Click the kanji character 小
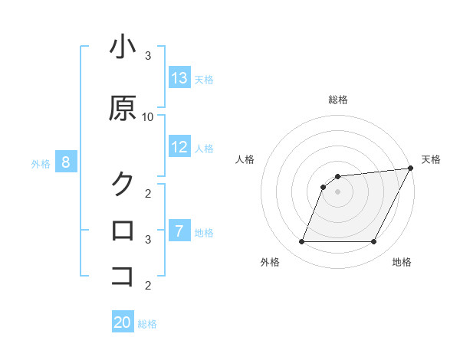coord(123,47)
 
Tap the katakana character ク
coord(123,183)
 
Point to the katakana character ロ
coord(123,230)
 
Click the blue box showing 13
coord(179,78)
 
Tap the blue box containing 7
coord(179,231)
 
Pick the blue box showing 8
coord(66,162)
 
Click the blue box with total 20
coord(123,322)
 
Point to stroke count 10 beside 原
coord(148,116)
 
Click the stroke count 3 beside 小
coord(148,56)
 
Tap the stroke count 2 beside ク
coord(148,192)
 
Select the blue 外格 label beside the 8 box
coord(41,163)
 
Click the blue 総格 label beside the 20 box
coord(147,324)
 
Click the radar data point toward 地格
coord(374,242)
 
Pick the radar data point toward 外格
coord(301,242)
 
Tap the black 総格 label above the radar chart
coord(337,100)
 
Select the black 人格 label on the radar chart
coord(245,159)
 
